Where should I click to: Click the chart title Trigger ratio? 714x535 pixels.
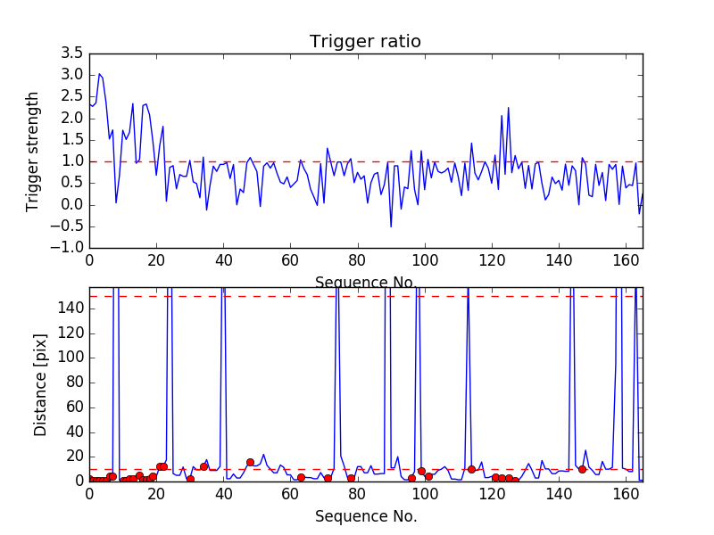click(365, 41)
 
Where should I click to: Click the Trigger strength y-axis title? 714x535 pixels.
click(33, 151)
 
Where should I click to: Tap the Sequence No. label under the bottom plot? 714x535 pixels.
click(365, 516)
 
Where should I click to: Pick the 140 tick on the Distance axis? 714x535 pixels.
click(71, 309)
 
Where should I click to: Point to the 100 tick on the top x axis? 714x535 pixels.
click(425, 261)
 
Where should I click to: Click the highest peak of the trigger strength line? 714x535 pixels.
click(99, 74)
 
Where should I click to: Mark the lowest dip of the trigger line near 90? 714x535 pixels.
click(391, 226)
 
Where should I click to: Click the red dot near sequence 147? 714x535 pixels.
click(582, 469)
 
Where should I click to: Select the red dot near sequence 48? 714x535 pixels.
click(250, 462)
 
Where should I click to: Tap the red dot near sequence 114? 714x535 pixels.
click(471, 469)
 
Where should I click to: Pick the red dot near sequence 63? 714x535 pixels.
click(301, 477)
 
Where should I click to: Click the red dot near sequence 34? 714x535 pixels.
click(203, 466)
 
